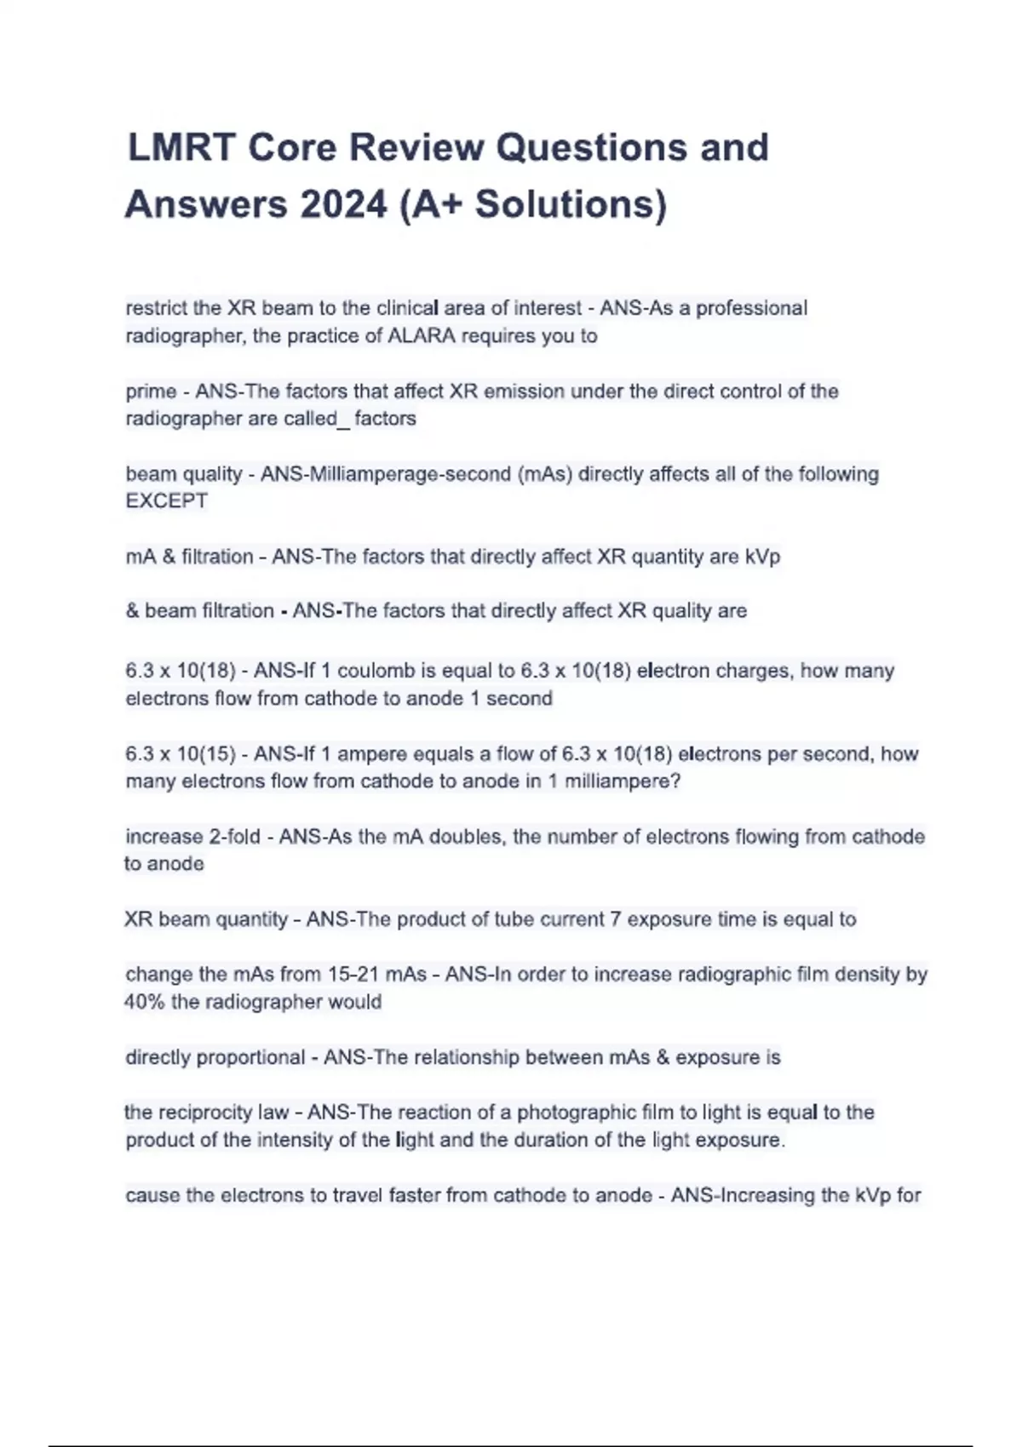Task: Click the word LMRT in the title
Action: coord(181,147)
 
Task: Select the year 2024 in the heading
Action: coord(343,204)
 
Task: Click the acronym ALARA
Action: coord(422,336)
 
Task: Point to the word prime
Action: coord(151,392)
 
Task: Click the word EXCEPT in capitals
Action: coord(167,501)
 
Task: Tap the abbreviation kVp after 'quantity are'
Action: coord(762,557)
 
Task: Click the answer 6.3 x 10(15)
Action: coord(180,754)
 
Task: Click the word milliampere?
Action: coord(623,781)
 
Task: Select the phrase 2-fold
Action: coord(234,837)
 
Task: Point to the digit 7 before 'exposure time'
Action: coord(615,919)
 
